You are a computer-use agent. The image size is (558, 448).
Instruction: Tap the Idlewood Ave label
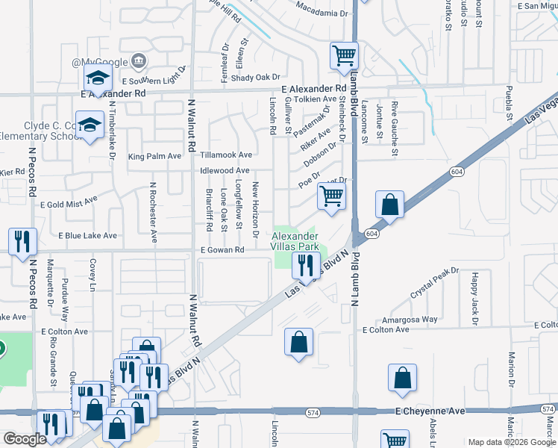[x=225, y=170]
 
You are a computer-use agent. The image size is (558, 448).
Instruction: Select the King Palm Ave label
[x=154, y=157]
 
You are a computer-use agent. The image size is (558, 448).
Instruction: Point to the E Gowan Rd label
[x=222, y=249]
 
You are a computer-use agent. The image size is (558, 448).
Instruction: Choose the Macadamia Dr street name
[x=322, y=13]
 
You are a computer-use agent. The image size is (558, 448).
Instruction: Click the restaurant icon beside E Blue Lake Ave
[x=22, y=241]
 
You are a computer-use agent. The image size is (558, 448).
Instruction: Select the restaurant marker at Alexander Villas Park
[x=305, y=264]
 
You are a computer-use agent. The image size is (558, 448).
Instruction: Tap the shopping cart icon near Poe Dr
[x=330, y=196]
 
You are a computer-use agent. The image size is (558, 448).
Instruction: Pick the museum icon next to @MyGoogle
[x=138, y=60]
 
